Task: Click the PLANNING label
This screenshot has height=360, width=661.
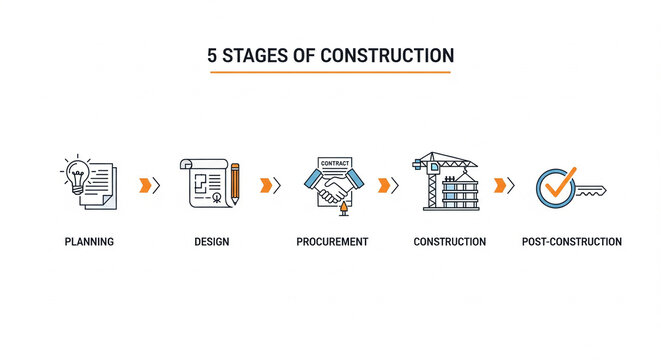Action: pyautogui.click(x=89, y=242)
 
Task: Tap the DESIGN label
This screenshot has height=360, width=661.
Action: pyautogui.click(x=212, y=242)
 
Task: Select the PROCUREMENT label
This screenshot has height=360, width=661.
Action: pyautogui.click(x=332, y=242)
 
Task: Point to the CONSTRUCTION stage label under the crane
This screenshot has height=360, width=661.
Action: pyautogui.click(x=450, y=242)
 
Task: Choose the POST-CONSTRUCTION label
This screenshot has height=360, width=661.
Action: pyautogui.click(x=571, y=242)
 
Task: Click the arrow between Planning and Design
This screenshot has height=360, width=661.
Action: pyautogui.click(x=149, y=184)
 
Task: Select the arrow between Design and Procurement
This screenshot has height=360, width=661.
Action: pyautogui.click(x=269, y=184)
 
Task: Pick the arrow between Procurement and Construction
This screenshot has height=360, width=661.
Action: pyautogui.click(x=387, y=184)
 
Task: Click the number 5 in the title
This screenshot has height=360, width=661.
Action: pyautogui.click(x=212, y=55)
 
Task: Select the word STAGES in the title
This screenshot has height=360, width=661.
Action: pyautogui.click(x=256, y=55)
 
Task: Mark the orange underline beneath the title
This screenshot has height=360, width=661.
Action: pyautogui.click(x=330, y=72)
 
